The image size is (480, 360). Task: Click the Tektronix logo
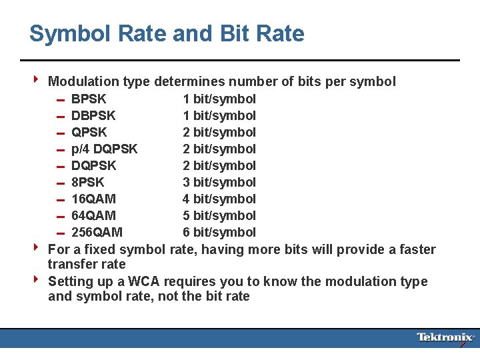[x=445, y=337]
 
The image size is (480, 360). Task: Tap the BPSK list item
[x=89, y=99]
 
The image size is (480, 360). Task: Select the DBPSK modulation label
[x=93, y=116]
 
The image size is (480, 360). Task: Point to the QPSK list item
[x=89, y=133]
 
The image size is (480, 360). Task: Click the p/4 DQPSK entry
[x=104, y=149]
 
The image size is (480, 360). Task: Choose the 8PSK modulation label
[x=88, y=183]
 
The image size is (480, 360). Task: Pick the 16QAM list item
[x=93, y=199]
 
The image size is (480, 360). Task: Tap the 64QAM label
[x=93, y=216]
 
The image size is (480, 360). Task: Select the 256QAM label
[x=97, y=233]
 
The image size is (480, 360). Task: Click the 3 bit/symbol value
[x=219, y=183]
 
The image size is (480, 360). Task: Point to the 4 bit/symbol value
[x=219, y=199]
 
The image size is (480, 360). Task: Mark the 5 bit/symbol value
[x=219, y=216]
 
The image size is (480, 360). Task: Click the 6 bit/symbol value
[x=219, y=233]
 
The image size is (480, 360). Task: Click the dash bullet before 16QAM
[x=59, y=200]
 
